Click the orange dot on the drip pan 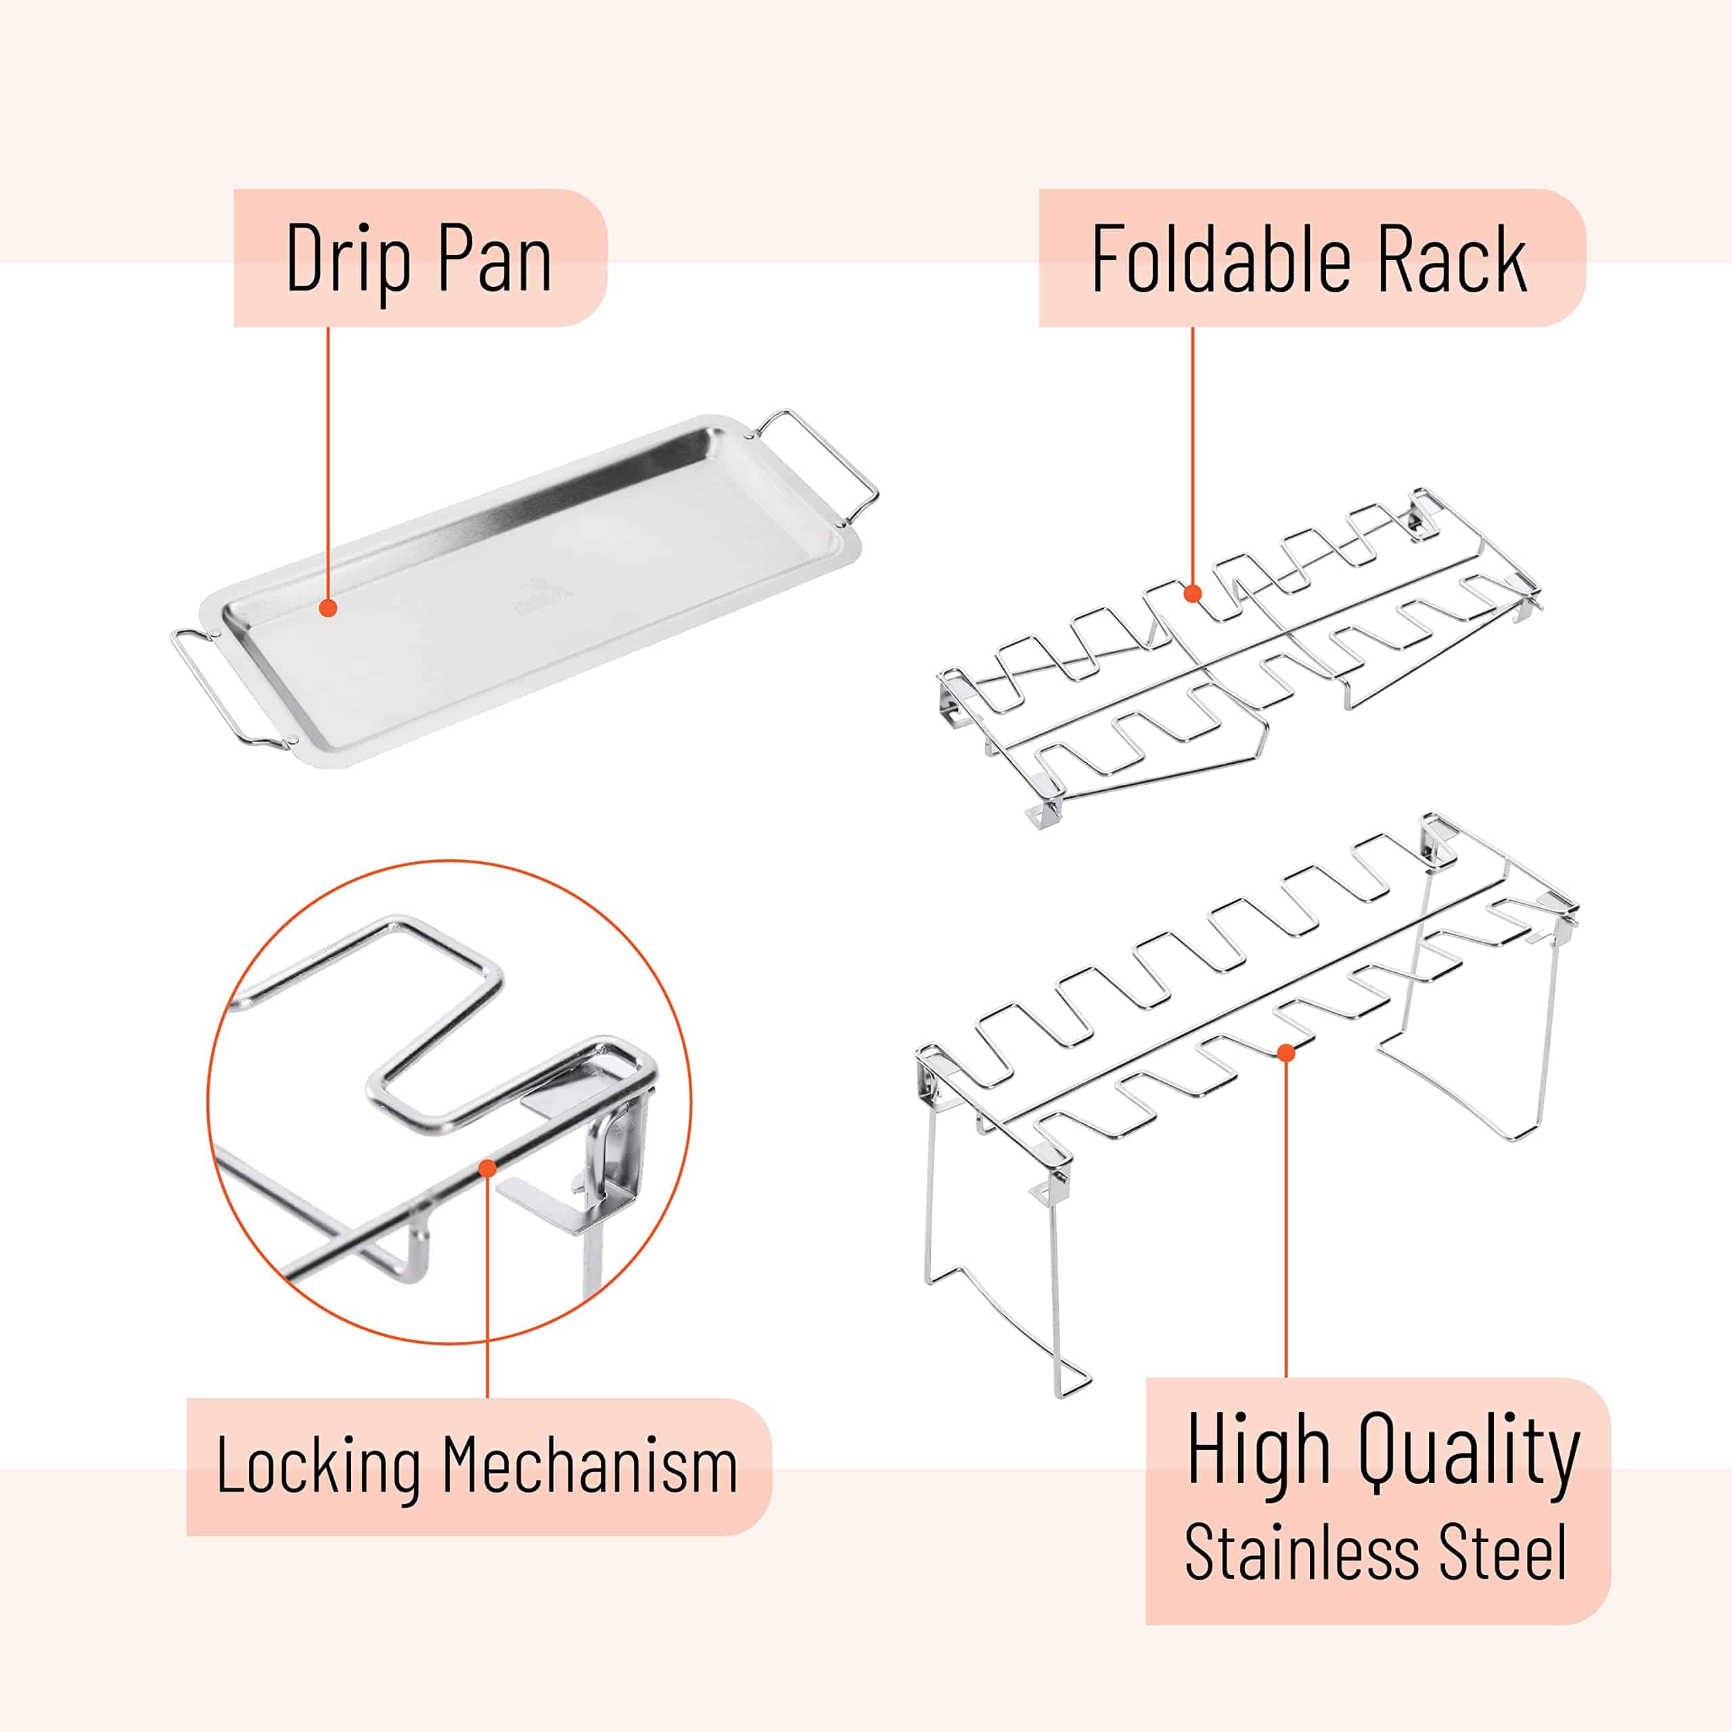click(x=328, y=608)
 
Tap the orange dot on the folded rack click(x=1192, y=593)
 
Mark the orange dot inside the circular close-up click(x=488, y=1167)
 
